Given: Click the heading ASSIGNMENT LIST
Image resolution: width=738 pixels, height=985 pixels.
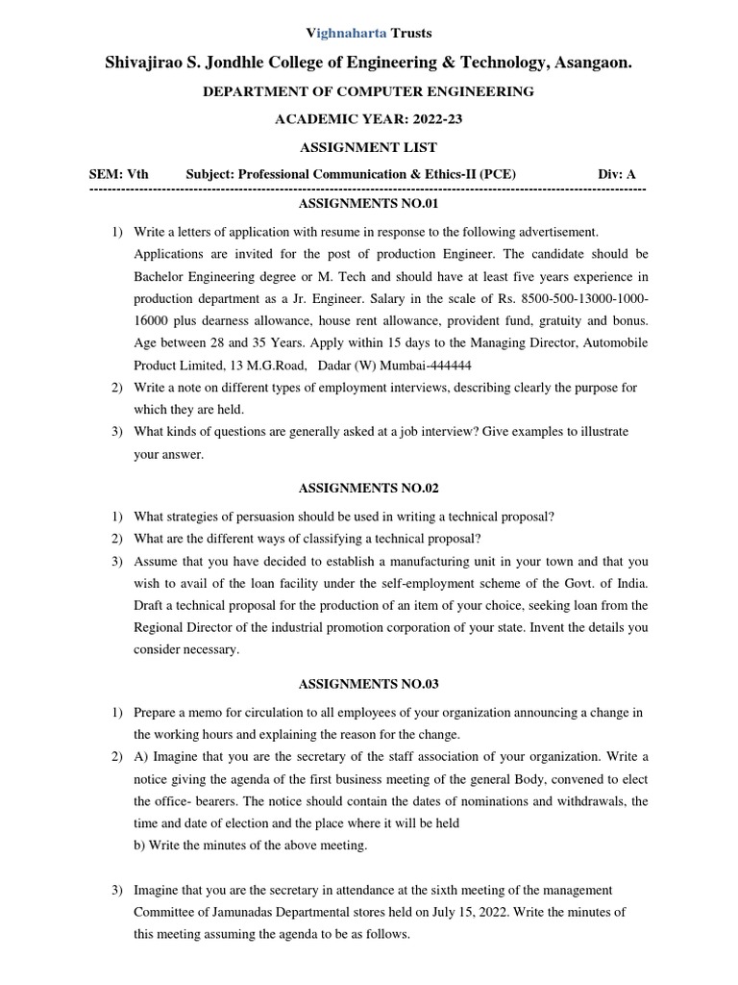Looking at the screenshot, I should [368, 147].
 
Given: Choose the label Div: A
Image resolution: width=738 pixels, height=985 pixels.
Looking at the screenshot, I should [617, 174].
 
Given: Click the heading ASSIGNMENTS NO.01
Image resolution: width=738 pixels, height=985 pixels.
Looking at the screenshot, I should [368, 205].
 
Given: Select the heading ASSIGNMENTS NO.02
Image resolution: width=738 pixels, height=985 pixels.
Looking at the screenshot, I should [368, 489].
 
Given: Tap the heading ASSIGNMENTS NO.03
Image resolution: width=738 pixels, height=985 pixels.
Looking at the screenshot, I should [368, 684].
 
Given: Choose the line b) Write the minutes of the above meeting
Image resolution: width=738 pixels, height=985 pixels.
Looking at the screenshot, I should [251, 846].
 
